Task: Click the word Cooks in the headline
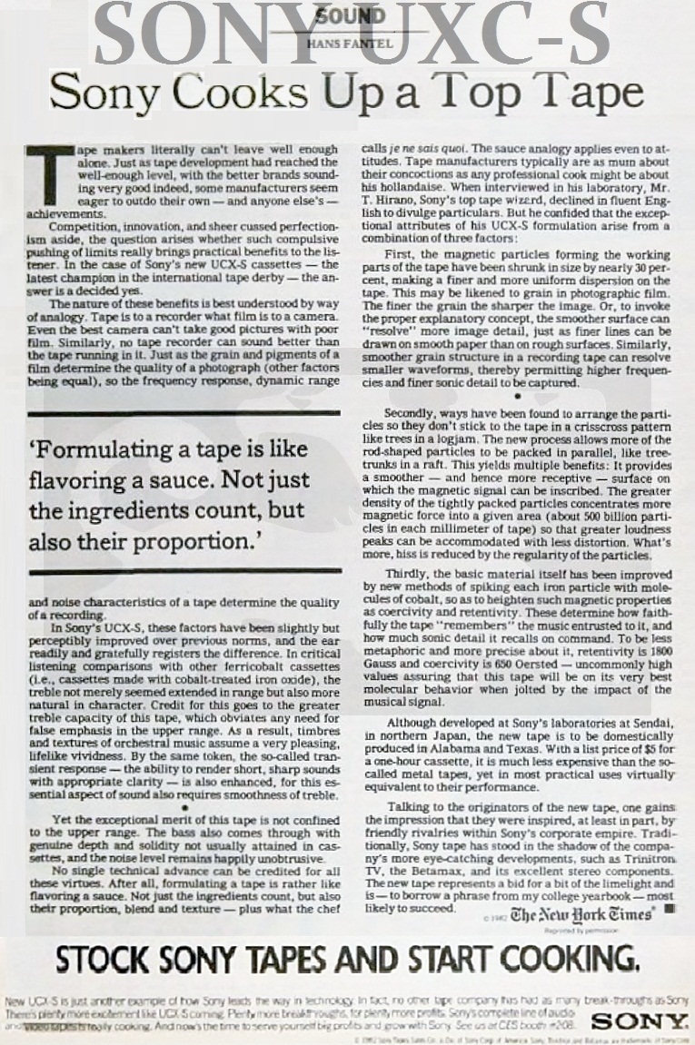[247, 93]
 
